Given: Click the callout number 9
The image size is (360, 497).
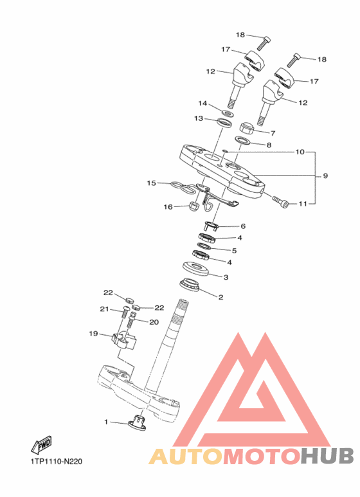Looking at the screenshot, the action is pyautogui.click(x=325, y=176).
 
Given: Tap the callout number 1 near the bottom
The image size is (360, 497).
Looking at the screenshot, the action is pyautogui.click(x=106, y=422).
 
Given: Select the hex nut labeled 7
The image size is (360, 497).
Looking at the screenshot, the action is pyautogui.click(x=247, y=127).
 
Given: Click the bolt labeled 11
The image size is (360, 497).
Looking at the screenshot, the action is pyautogui.click(x=280, y=201).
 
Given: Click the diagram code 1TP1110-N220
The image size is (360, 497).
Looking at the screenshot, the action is pyautogui.click(x=57, y=461).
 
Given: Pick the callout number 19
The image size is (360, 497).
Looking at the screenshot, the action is pyautogui.click(x=93, y=334).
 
